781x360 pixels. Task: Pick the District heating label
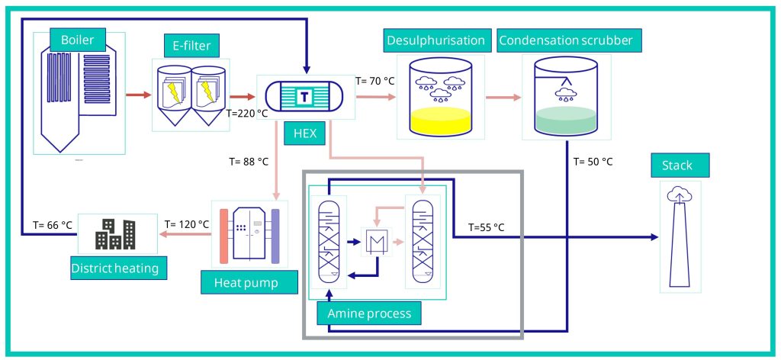pyautogui.click(x=114, y=268)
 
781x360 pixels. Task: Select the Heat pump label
pyautogui.click(x=239, y=283)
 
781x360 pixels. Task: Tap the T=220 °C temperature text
pyautogui.click(x=248, y=113)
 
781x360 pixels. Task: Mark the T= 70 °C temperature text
pyautogui.click(x=375, y=80)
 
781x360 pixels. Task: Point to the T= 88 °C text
pyautogui.click(x=249, y=162)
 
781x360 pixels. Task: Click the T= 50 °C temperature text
pyautogui.click(x=593, y=162)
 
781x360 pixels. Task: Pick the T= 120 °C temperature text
pyautogui.click(x=187, y=224)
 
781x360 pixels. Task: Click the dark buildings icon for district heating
pyautogui.click(x=115, y=235)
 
